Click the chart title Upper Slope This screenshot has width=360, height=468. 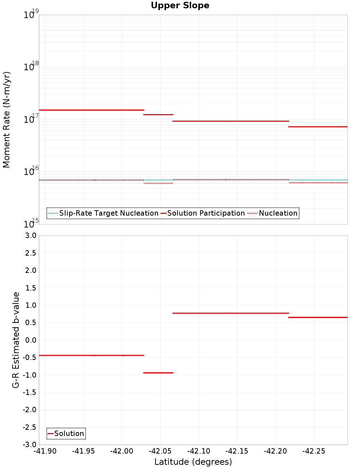[180, 5]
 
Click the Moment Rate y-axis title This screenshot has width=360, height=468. [6, 120]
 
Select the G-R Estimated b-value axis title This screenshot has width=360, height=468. [15, 340]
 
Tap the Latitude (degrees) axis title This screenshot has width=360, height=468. [193, 462]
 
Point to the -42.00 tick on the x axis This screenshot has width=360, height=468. [122, 451]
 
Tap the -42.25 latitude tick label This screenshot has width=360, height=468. [314, 451]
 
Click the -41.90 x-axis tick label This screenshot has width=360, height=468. [45, 451]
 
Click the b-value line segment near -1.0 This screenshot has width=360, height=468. [158, 373]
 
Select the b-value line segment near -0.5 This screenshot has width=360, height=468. [91, 355]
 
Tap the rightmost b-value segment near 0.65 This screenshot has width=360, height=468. [318, 317]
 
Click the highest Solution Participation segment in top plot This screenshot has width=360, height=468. [91, 110]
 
